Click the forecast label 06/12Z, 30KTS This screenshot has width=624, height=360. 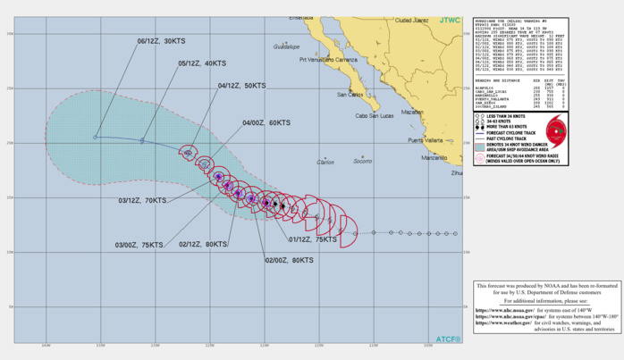(161, 41)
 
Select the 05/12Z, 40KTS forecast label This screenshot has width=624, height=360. (202, 63)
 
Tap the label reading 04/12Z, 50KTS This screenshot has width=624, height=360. (242, 86)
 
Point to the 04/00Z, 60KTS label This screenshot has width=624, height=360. (267, 122)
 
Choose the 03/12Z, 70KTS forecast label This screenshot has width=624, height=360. (143, 202)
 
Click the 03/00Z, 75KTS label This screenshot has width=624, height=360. (139, 244)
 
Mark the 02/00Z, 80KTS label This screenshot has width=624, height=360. (290, 260)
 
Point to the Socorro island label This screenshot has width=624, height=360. (362, 162)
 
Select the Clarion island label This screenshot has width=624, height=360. (325, 162)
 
